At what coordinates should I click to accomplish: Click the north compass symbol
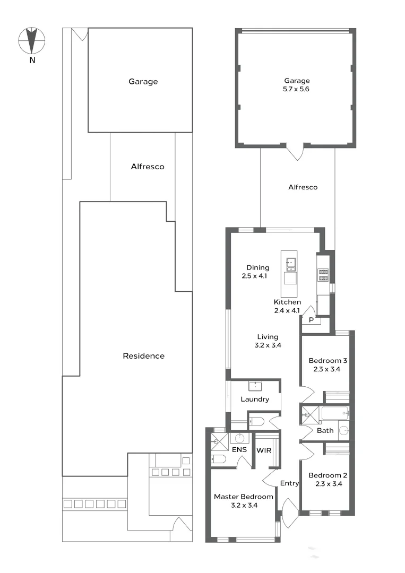(x=32, y=41)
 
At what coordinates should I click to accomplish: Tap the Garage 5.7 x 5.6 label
(x=296, y=85)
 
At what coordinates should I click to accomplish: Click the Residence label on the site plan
(x=143, y=356)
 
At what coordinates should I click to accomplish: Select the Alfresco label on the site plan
(x=148, y=167)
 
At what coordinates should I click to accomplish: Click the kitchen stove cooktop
(x=323, y=274)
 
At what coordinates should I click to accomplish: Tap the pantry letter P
(x=312, y=320)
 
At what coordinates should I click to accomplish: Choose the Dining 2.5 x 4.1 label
(x=257, y=272)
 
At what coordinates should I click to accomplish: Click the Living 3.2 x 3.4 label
(x=268, y=341)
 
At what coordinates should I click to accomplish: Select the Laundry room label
(x=255, y=400)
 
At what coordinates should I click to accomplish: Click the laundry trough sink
(x=257, y=385)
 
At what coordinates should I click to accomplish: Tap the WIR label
(x=264, y=450)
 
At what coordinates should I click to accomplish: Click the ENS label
(x=238, y=450)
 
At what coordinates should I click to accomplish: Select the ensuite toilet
(x=218, y=459)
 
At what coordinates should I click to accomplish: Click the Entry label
(x=289, y=483)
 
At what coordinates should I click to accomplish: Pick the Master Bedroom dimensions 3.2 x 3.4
(x=243, y=506)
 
